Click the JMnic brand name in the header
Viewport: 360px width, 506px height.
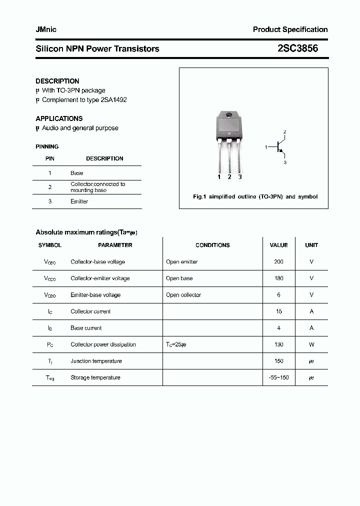(46, 29)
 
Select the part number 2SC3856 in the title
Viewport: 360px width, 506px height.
(297, 48)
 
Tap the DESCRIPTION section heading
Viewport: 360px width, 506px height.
(57, 81)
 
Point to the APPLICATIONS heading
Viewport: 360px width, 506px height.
(59, 118)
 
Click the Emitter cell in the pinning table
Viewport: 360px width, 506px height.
(79, 201)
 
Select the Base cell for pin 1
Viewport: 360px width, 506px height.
(76, 173)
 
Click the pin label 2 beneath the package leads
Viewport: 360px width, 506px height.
(229, 177)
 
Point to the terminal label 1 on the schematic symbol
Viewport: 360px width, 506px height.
(266, 147)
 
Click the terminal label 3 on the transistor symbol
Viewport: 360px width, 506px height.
(284, 162)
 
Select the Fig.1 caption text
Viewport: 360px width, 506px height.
(255, 196)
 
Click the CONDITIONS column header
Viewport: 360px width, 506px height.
(212, 245)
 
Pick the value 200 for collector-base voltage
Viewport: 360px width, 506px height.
(278, 261)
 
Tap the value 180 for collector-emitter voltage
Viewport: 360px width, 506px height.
(278, 278)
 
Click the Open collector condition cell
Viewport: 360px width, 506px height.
(183, 295)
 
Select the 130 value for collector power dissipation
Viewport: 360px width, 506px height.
(278, 344)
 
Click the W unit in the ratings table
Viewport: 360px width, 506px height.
(311, 344)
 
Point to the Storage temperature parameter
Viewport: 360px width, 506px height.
(95, 377)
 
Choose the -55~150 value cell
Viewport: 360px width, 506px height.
(278, 377)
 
